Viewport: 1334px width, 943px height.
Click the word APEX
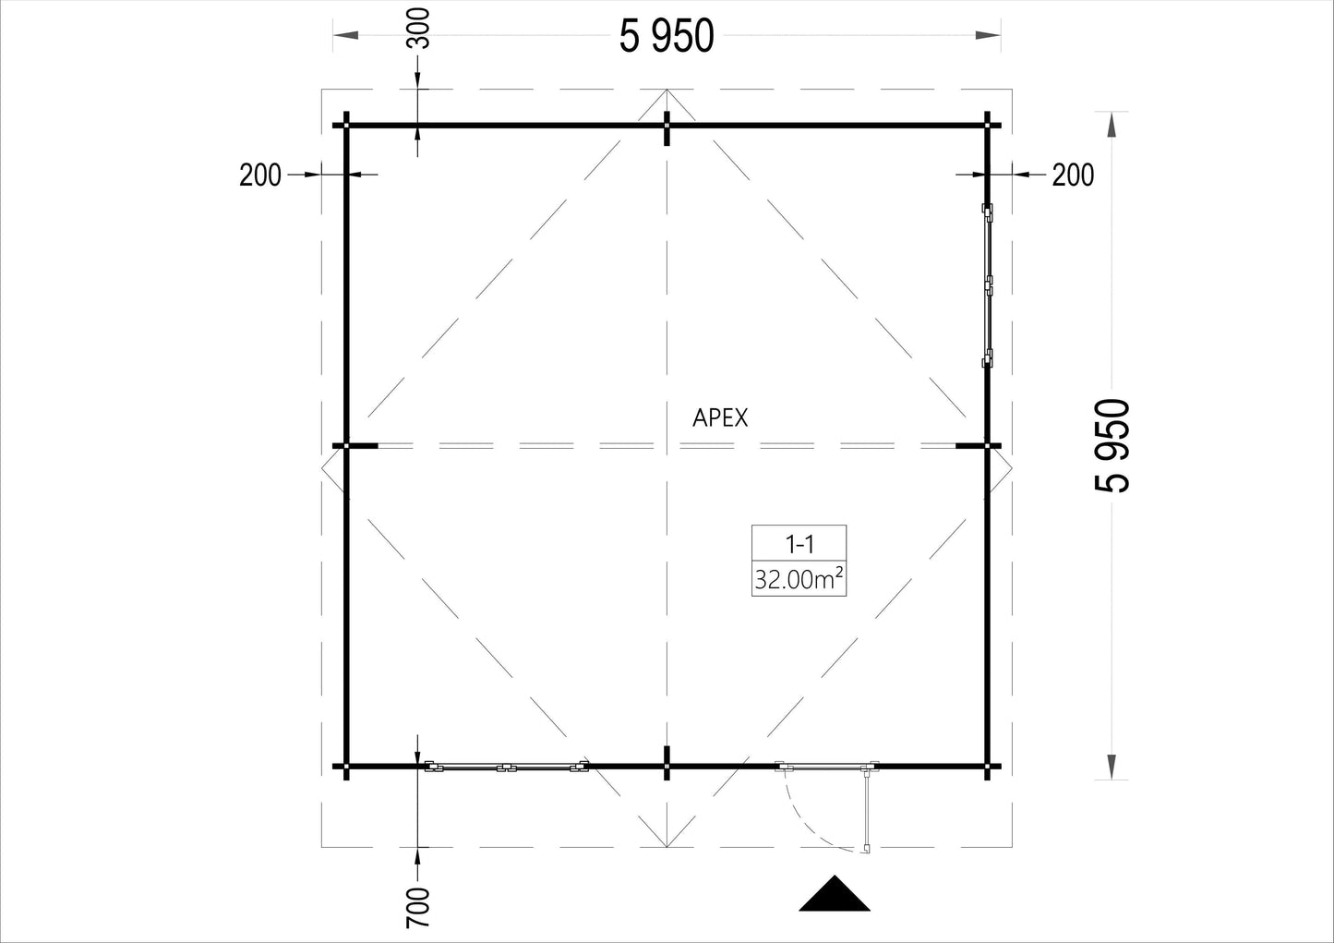[719, 418]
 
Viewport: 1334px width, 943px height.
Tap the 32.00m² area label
[799, 579]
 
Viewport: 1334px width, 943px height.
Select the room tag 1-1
[799, 544]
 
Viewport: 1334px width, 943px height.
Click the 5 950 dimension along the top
[667, 36]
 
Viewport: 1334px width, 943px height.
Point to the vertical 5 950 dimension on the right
[1112, 445]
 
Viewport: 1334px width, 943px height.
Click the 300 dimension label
[418, 28]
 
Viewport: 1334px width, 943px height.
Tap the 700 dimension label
[418, 907]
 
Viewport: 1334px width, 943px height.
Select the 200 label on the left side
[260, 175]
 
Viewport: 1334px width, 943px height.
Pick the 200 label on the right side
[1073, 175]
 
